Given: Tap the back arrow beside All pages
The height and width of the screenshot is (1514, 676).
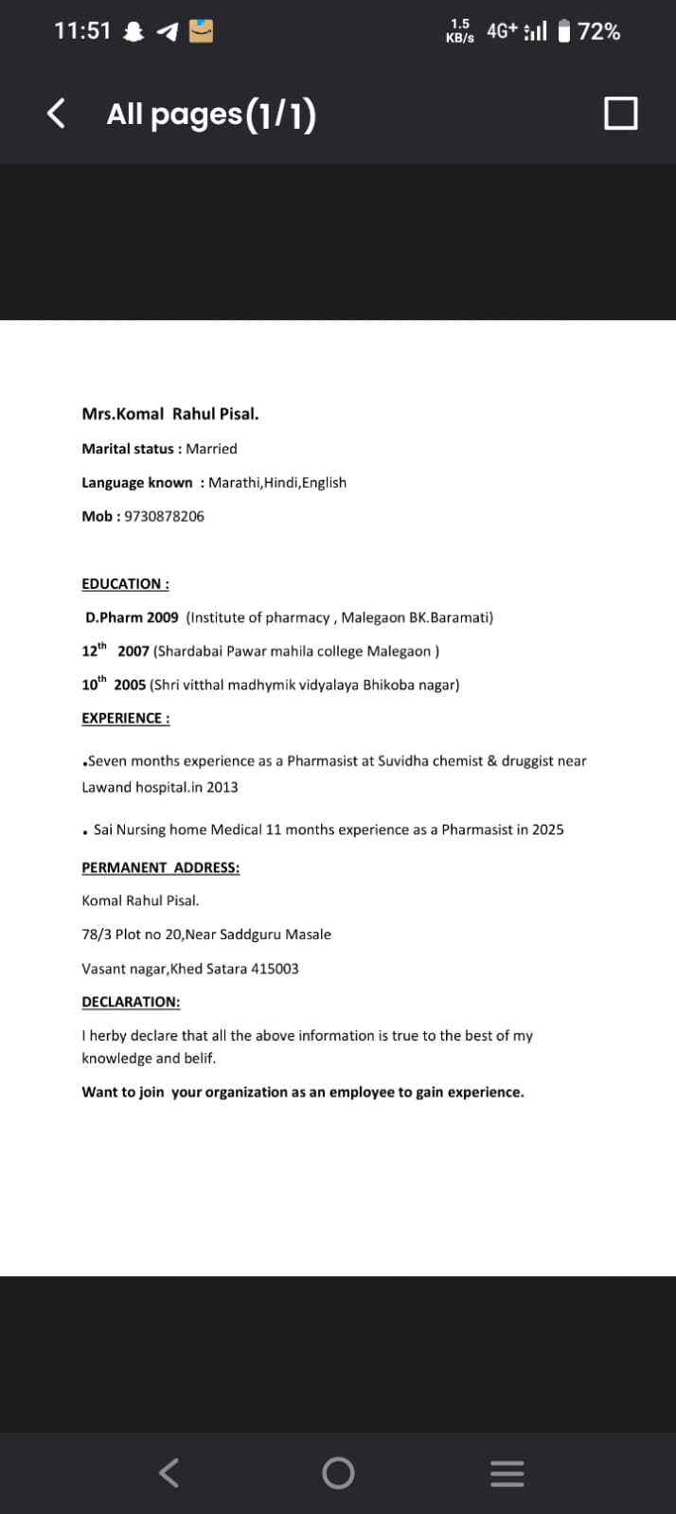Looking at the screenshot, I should [x=57, y=114].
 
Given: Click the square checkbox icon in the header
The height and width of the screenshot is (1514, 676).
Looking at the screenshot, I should [x=620, y=114].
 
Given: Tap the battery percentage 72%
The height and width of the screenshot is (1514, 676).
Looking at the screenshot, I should [x=599, y=31].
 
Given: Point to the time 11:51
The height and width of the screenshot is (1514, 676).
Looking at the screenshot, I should [x=82, y=31].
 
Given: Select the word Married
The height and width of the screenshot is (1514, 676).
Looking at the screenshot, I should [x=211, y=449].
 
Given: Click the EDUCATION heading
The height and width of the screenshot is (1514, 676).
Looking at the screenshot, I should [x=125, y=584].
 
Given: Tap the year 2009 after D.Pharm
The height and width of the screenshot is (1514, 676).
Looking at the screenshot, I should [x=162, y=617].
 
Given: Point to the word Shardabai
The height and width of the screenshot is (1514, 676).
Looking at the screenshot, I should [x=190, y=651].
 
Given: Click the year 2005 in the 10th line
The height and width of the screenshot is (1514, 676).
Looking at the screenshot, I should [x=130, y=685].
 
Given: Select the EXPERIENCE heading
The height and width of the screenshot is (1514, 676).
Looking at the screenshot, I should [x=126, y=718].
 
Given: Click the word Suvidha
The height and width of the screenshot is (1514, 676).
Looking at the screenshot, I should [x=405, y=761].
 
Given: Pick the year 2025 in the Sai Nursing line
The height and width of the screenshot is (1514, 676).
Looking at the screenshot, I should [x=547, y=829].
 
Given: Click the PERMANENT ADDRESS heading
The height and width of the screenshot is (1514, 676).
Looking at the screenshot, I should [x=161, y=867].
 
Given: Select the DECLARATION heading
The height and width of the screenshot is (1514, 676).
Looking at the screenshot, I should [x=131, y=1002].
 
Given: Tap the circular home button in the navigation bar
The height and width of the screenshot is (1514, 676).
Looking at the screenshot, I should [x=338, y=1472].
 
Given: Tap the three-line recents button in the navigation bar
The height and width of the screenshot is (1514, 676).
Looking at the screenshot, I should [x=507, y=1472].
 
